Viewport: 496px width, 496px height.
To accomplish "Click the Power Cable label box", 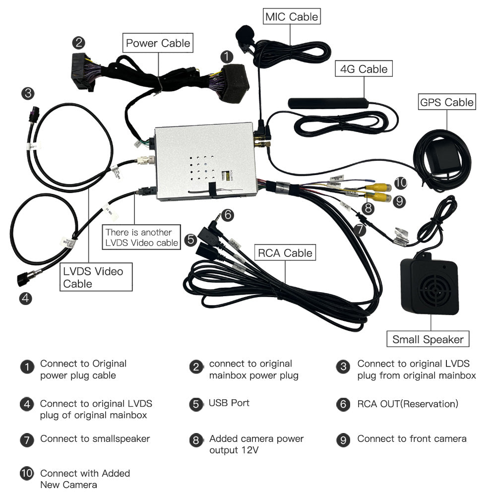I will coord(158,43).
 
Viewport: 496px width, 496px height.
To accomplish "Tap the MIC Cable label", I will coord(292,17).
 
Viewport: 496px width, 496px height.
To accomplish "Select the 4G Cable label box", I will coord(364,69).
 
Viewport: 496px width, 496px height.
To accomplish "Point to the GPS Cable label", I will coord(446,102).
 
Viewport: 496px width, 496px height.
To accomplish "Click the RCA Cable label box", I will coord(285,253).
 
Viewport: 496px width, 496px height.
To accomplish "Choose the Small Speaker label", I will coord(428,339).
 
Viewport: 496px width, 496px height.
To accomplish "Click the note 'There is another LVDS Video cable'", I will coord(141,237).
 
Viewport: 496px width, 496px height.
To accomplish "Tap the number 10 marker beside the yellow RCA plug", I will coord(401,183).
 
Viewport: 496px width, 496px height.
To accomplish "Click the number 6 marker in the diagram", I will coord(227,215).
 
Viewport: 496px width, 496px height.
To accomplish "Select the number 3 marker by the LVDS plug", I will coord(28,93).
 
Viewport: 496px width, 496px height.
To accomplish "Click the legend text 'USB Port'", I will coord(229,403).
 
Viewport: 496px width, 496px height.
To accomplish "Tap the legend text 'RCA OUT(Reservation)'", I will coord(408,404).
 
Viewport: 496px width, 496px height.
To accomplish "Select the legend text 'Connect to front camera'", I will coord(412,438).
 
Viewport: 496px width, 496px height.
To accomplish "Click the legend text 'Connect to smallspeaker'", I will coord(95,438).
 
